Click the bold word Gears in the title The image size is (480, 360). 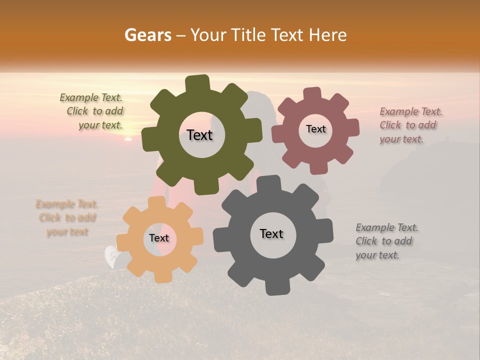[x=147, y=35]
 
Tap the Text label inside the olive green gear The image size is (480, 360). [x=199, y=135]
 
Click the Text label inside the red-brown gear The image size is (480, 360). [x=315, y=129]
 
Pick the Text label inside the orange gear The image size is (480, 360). [x=159, y=238]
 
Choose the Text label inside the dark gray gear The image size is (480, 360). [x=271, y=234]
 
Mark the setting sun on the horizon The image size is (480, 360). [x=128, y=138]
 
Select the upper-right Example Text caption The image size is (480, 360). [x=411, y=125]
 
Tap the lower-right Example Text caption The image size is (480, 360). [x=386, y=241]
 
